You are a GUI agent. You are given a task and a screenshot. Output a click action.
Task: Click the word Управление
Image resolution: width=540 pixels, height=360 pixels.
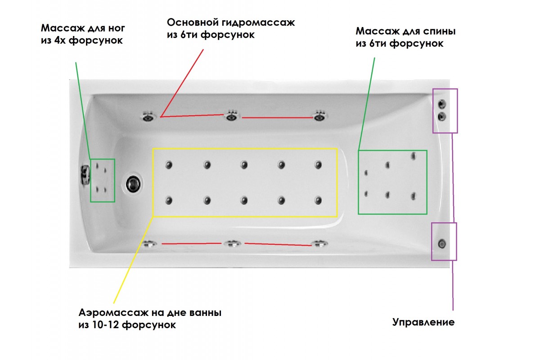[423, 322]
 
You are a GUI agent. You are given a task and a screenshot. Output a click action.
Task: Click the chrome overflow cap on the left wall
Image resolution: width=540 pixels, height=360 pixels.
[84, 175]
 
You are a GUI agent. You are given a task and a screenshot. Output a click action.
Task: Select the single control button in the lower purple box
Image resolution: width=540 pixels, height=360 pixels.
[442, 243]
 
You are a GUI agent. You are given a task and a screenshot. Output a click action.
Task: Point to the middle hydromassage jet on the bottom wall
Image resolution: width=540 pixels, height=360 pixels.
[232, 244]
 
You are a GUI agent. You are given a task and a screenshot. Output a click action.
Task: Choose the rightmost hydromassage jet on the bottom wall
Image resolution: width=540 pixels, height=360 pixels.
[320, 244]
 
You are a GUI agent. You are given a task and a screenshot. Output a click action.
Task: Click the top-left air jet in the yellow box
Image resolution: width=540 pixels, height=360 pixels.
[169, 165]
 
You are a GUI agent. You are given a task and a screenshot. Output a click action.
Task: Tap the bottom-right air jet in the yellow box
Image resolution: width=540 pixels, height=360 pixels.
[319, 201]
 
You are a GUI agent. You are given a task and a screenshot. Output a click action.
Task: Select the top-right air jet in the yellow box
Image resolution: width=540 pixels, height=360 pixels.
[319, 165]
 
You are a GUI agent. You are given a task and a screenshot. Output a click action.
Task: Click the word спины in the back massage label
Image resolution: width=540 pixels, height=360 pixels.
[440, 32]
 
